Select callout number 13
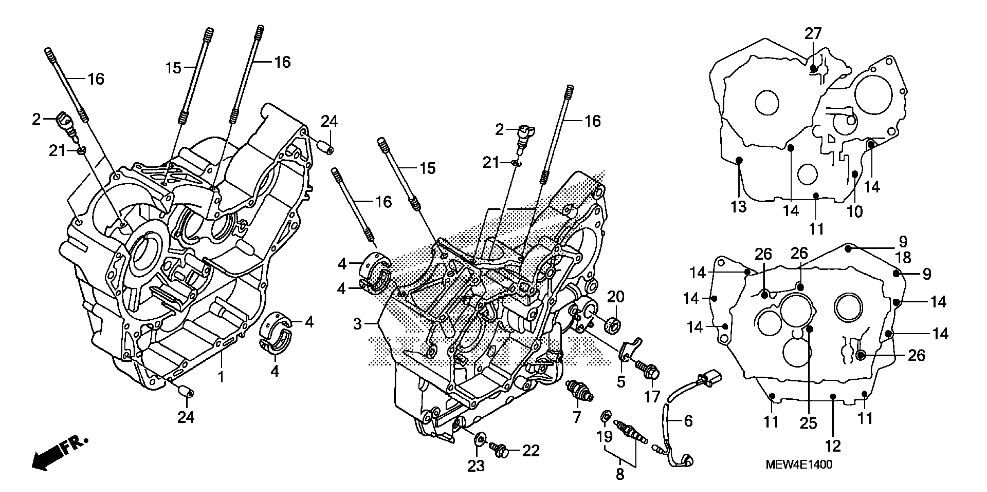click(x=738, y=207)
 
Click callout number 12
click(x=833, y=446)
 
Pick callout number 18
click(x=904, y=258)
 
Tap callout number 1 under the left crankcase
click(x=221, y=377)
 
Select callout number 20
click(x=616, y=296)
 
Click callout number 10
click(x=854, y=211)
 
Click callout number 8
click(x=620, y=474)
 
